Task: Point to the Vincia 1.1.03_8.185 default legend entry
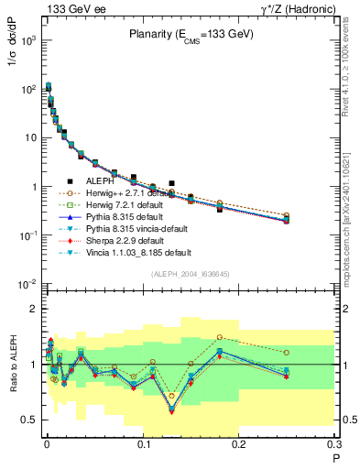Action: pyautogui.click(x=138, y=252)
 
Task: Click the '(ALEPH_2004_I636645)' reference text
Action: pyautogui.click(x=190, y=273)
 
